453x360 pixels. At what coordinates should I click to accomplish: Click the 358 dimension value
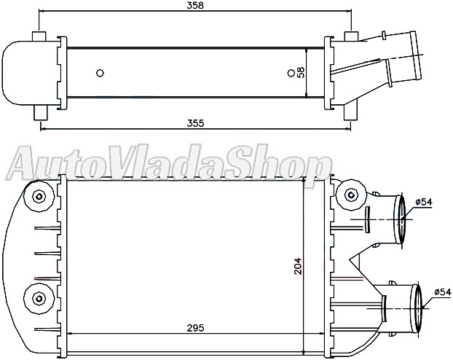tap(194, 6)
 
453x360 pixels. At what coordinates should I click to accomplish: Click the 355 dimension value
tap(194, 122)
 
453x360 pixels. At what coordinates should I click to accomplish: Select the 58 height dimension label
tap(300, 72)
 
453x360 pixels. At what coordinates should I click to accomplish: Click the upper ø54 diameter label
tap(424, 201)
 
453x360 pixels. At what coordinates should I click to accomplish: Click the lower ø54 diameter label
tap(442, 291)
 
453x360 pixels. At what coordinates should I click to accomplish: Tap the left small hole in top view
tap(100, 72)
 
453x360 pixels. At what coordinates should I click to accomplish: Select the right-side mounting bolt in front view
tap(352, 195)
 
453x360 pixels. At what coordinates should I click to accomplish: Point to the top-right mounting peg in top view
tap(350, 37)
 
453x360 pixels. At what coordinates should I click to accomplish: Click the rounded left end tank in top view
tap(22, 72)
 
